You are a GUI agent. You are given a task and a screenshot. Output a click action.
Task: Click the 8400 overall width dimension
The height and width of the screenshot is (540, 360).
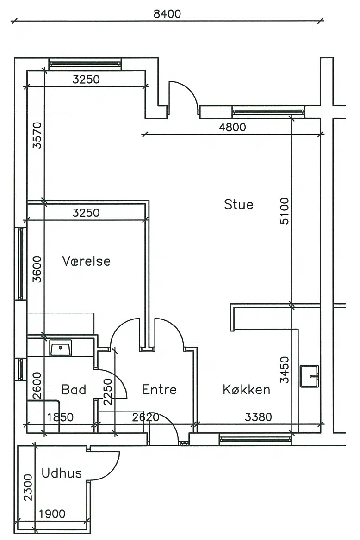[167, 14]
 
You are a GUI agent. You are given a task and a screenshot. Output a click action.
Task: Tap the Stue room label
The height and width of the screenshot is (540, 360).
[239, 204]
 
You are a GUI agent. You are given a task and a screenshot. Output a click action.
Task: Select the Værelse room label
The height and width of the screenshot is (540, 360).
[86, 261]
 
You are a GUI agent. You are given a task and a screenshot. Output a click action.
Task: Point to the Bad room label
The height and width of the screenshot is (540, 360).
[74, 389]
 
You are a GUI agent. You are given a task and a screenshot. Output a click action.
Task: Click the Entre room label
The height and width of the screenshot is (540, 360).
[159, 389]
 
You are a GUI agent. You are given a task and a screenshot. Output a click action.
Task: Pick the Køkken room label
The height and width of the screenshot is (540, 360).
[246, 389]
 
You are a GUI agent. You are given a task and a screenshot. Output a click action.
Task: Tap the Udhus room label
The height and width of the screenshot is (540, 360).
[62, 473]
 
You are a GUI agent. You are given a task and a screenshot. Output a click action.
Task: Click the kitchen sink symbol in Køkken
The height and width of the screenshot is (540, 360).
[309, 376]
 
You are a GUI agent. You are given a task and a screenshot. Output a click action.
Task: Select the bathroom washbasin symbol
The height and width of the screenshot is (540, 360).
[61, 348]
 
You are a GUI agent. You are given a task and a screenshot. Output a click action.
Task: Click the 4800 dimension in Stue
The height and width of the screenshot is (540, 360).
[232, 128]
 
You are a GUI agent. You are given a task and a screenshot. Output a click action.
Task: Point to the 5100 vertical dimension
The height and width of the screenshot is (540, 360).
[284, 211]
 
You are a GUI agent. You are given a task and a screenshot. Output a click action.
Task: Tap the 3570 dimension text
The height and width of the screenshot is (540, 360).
[37, 135]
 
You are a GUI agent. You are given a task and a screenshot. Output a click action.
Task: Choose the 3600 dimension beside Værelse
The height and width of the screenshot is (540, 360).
[37, 269]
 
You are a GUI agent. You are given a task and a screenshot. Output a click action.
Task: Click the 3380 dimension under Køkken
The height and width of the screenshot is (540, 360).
[258, 417]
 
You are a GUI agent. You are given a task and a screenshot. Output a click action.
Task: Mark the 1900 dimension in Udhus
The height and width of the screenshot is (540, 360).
[52, 514]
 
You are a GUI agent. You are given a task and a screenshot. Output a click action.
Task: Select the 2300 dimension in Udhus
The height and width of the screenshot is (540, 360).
[28, 487]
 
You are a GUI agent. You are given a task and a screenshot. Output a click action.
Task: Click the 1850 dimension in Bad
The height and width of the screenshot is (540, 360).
[60, 417]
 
